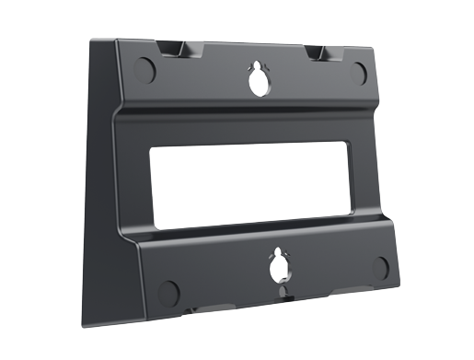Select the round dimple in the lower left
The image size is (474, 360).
pyautogui.click(x=168, y=291)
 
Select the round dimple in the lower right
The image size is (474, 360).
pyautogui.click(x=381, y=269)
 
